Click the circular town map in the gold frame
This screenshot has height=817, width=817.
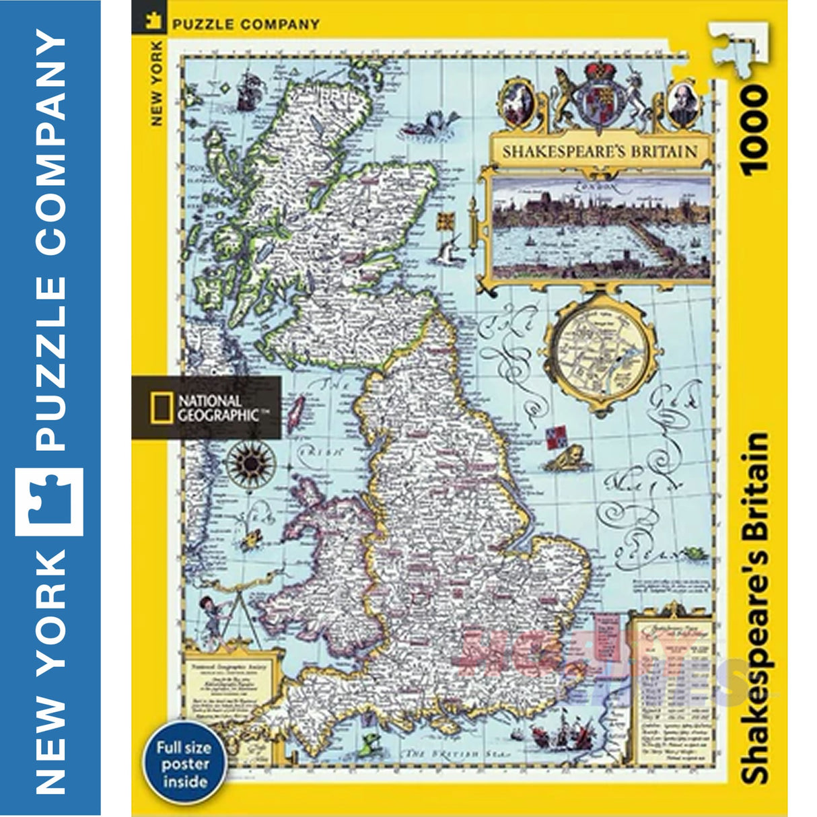tap(602, 353)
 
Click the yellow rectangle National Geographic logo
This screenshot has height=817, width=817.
tap(158, 408)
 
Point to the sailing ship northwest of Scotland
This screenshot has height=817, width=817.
tap(247, 88)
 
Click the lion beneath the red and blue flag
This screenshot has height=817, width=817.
tap(564, 458)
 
